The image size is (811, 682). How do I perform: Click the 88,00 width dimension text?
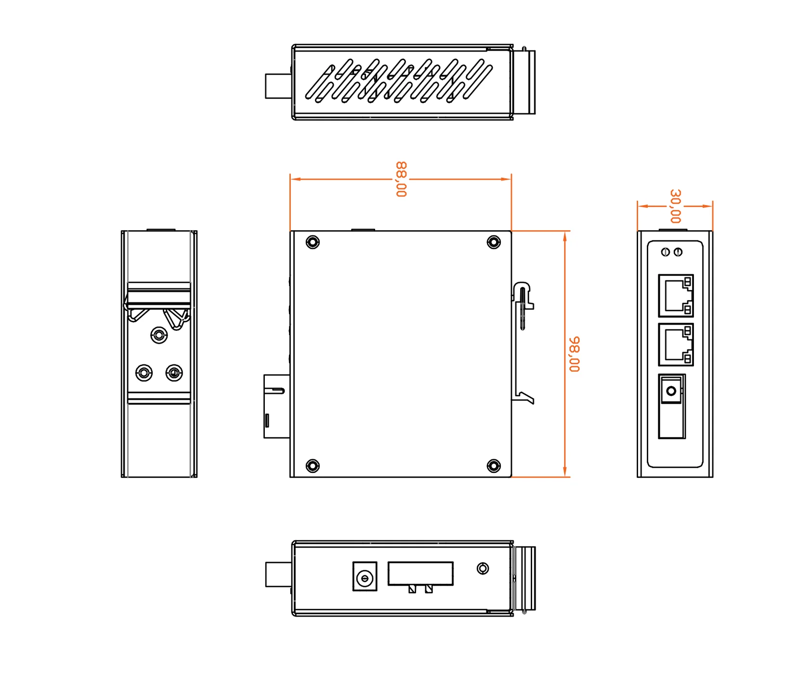click(x=401, y=179)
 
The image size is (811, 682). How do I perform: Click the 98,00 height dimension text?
click(x=574, y=354)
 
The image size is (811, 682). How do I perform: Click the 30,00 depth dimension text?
click(x=675, y=206)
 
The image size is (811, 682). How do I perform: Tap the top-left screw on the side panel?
click(x=313, y=242)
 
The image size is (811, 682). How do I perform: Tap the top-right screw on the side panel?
click(x=494, y=242)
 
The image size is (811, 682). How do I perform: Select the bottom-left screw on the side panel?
click(x=313, y=466)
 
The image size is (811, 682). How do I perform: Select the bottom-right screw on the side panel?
click(x=494, y=466)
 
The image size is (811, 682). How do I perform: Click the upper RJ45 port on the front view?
click(x=676, y=295)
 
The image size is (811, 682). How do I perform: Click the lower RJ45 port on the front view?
click(x=676, y=344)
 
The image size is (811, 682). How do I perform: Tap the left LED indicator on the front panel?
click(x=666, y=252)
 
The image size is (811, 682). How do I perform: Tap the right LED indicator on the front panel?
click(x=678, y=252)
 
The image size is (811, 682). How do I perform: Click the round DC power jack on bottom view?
click(x=365, y=577)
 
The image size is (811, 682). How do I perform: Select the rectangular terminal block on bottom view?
click(x=420, y=574)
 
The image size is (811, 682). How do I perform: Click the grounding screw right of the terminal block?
click(x=483, y=568)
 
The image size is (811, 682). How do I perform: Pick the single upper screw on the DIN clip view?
click(x=159, y=335)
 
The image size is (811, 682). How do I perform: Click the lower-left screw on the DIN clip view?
click(x=144, y=373)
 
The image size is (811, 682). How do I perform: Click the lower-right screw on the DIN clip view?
click(x=174, y=373)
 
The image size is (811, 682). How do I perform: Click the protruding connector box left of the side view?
click(x=276, y=406)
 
